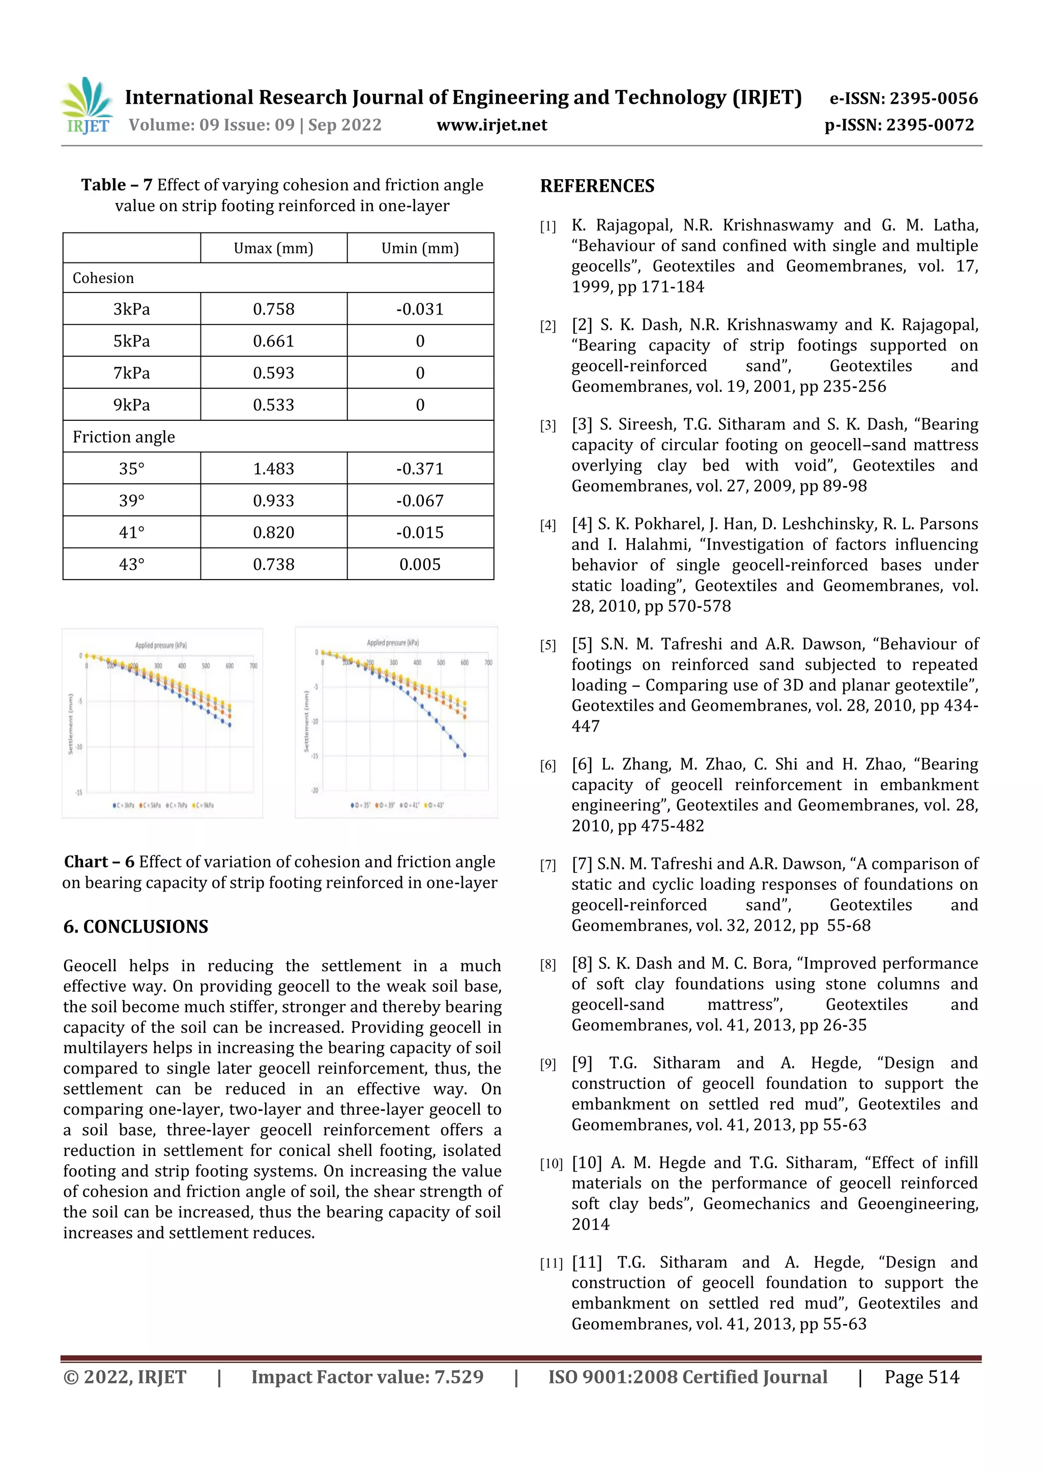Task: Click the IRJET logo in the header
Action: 88,106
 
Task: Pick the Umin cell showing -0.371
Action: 420,469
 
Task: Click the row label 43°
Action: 132,564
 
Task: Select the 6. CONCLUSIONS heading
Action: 135,927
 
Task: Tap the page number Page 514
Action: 921,1377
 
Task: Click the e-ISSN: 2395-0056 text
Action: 903,98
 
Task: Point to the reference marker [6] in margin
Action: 547,765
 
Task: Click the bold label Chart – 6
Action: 99,861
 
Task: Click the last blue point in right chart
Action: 465,755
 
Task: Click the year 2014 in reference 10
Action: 590,1224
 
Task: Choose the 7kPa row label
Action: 132,373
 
